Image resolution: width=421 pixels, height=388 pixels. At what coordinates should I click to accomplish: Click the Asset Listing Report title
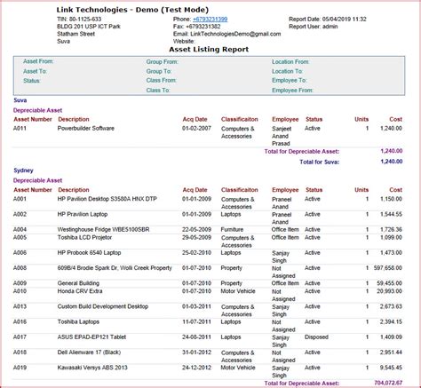[210, 50]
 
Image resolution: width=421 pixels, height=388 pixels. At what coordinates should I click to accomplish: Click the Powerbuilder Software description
[86, 129]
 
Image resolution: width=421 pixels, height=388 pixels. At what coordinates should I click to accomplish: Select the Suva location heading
[20, 100]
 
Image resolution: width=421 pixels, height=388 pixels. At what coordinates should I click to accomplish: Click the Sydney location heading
[23, 170]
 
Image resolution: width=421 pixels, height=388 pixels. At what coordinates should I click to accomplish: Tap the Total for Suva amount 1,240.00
[391, 162]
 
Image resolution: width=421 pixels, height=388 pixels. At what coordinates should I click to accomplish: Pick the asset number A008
[20, 267]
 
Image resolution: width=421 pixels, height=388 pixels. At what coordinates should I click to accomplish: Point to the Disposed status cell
[317, 337]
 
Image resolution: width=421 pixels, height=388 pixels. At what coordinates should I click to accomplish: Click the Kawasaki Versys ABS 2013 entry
[93, 368]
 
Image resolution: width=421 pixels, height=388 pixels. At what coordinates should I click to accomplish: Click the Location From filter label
[290, 61]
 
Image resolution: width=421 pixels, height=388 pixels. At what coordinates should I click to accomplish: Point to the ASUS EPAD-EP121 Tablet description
[91, 337]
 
